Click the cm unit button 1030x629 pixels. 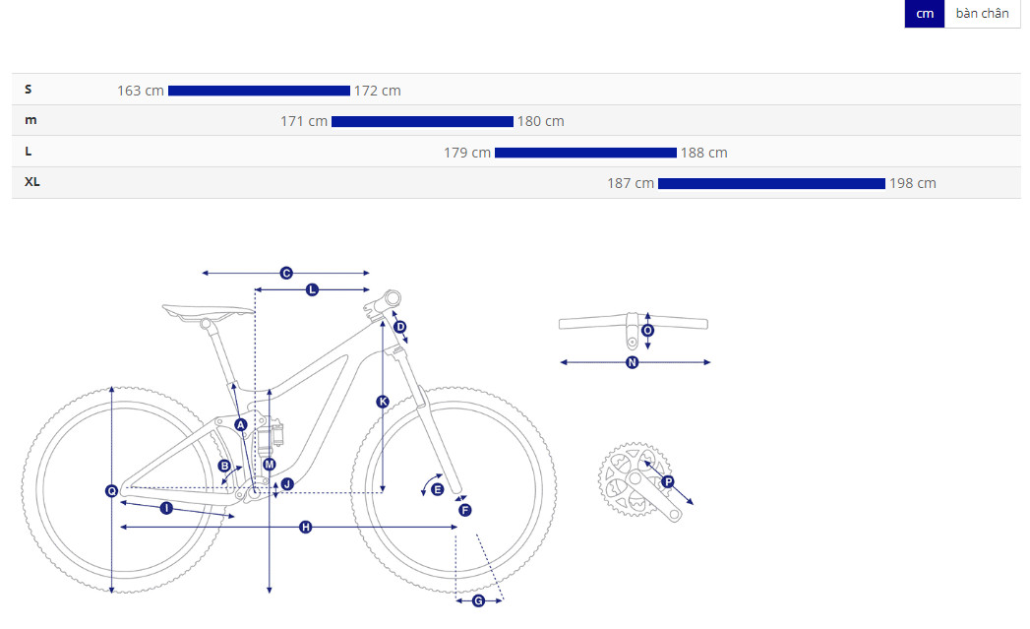pyautogui.click(x=924, y=14)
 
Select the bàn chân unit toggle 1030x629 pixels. pyautogui.click(x=982, y=14)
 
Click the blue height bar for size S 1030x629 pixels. pyautogui.click(x=259, y=91)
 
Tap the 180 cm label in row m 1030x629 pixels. pyautogui.click(x=541, y=122)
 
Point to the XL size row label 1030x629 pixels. pyautogui.click(x=32, y=182)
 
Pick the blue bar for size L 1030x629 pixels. pyautogui.click(x=585, y=153)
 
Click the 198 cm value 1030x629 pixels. pyautogui.click(x=912, y=183)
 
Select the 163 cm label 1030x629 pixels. pyautogui.click(x=141, y=91)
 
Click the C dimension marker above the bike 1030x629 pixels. pyautogui.click(x=285, y=273)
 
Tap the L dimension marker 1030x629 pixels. pyautogui.click(x=312, y=289)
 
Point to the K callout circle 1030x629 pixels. pyautogui.click(x=383, y=402)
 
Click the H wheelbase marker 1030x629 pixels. pyautogui.click(x=305, y=528)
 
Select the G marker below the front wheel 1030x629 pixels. pyautogui.click(x=478, y=600)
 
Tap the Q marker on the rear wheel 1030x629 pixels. pyautogui.click(x=112, y=491)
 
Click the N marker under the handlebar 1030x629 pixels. pyautogui.click(x=632, y=362)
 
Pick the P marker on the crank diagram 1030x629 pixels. pyautogui.click(x=668, y=481)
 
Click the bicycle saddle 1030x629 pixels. pyautogui.click(x=207, y=311)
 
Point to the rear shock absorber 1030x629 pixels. pyautogui.click(x=270, y=435)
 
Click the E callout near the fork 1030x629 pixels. pyautogui.click(x=438, y=489)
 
